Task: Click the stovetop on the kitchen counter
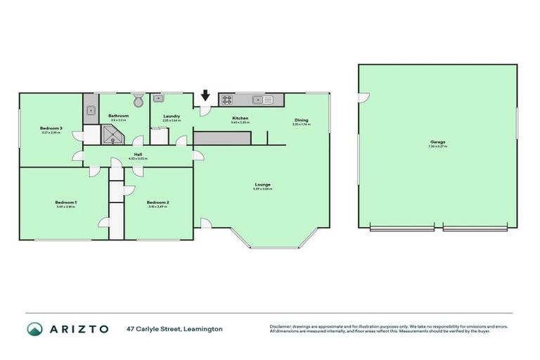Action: coord(228,100)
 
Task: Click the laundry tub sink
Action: coord(160,99)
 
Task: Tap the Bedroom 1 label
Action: coord(66,202)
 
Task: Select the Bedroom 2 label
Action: coord(158,202)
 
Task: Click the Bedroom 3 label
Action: coord(51,128)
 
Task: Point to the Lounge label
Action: coord(263,184)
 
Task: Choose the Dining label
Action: coord(301,120)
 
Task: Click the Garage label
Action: coord(437,142)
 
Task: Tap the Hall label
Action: coord(138,155)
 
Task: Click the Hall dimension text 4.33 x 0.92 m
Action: coord(138,159)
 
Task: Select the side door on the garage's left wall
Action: coord(361,98)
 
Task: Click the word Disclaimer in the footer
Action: coord(281,327)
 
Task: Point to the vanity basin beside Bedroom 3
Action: coord(91,110)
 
